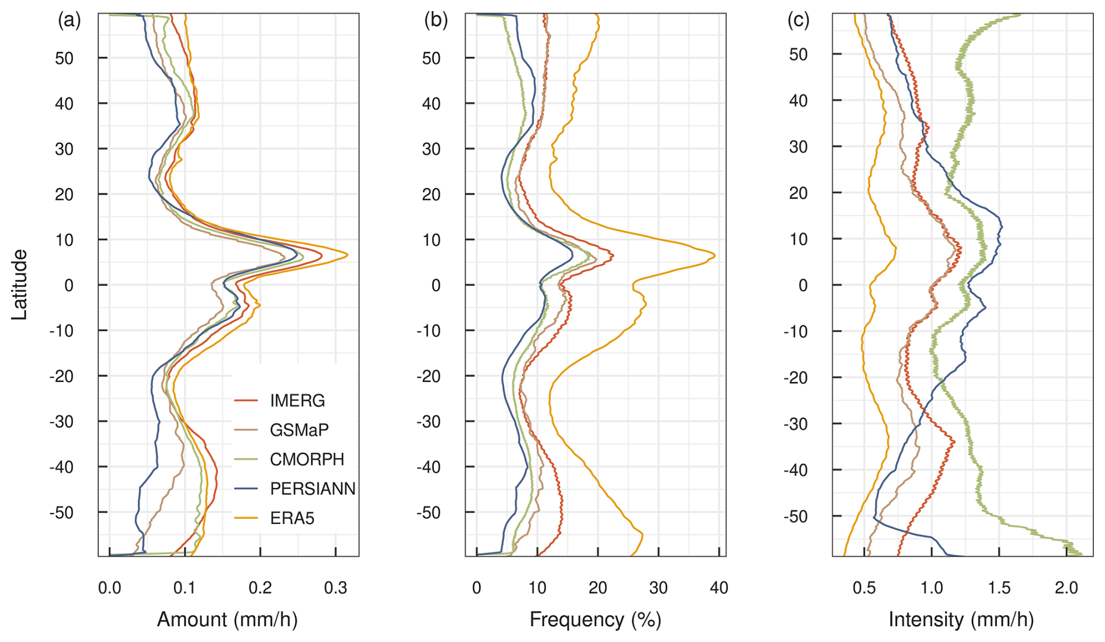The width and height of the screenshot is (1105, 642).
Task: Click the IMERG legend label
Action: tap(297, 401)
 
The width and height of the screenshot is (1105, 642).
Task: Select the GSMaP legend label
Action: tap(298, 430)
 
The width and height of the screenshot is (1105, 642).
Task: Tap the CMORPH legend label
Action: tap(307, 459)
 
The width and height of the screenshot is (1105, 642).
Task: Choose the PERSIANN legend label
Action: tap(312, 488)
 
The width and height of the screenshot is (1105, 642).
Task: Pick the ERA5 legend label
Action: tap(291, 518)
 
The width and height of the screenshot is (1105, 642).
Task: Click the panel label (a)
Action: tap(69, 20)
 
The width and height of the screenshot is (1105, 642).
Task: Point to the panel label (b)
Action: tap(436, 20)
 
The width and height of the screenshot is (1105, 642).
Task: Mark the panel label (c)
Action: tap(798, 20)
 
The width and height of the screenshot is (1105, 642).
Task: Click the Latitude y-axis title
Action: tap(19, 284)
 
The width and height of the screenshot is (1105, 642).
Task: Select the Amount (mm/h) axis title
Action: tap(227, 619)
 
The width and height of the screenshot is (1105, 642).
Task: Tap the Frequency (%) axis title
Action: tap(595, 619)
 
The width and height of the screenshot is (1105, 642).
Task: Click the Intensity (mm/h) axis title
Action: tap(961, 619)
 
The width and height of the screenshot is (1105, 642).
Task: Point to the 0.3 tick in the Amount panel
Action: tap(335, 588)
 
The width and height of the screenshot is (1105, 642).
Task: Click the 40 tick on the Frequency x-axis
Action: tap(719, 588)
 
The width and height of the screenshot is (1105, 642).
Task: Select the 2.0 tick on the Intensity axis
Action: tap(1066, 588)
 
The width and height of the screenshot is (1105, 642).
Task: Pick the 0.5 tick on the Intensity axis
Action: tap(864, 588)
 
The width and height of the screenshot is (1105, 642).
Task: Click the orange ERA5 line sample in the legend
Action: tap(246, 518)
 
